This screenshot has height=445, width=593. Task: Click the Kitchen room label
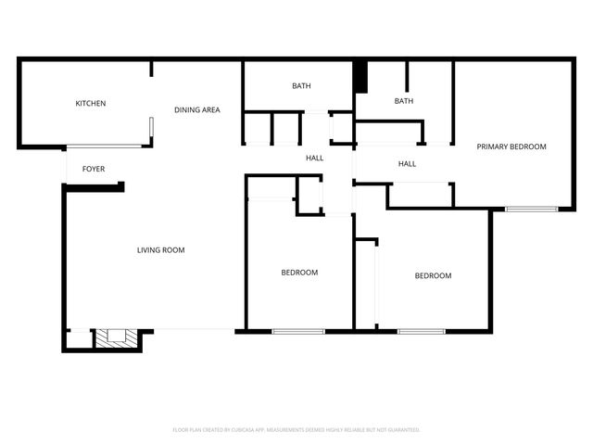click(x=91, y=103)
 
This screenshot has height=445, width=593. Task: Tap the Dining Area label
click(x=197, y=110)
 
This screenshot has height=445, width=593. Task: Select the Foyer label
click(x=94, y=169)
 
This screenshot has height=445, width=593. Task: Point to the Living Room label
click(x=161, y=249)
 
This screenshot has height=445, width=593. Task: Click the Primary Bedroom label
click(x=511, y=146)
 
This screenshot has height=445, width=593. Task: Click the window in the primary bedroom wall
click(x=532, y=210)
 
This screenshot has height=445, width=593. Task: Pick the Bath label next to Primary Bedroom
click(x=403, y=101)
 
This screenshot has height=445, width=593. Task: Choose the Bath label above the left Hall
click(x=301, y=86)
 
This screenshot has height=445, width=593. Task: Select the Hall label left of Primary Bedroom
click(x=407, y=164)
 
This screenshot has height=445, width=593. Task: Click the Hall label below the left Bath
click(x=315, y=158)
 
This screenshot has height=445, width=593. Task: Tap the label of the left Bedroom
click(x=299, y=273)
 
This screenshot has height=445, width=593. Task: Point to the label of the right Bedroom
click(x=433, y=275)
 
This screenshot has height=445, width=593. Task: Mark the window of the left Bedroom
click(x=298, y=331)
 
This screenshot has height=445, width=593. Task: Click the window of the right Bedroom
click(x=422, y=331)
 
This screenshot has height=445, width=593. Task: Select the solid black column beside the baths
click(x=361, y=77)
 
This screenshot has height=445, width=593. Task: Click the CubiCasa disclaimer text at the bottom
click(x=296, y=430)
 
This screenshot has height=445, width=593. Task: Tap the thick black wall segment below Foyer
click(x=94, y=186)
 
